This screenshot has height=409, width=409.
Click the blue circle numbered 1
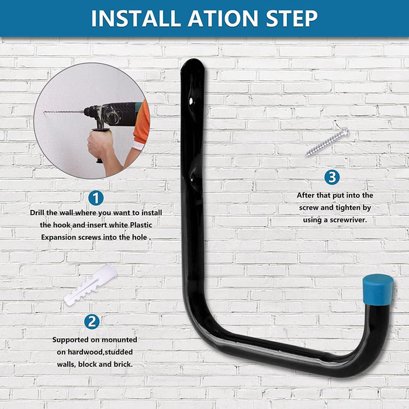(96, 198)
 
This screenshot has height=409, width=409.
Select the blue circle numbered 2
(91, 321)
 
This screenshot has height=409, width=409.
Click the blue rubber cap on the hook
(377, 290)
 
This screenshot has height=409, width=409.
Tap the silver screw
(327, 142)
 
